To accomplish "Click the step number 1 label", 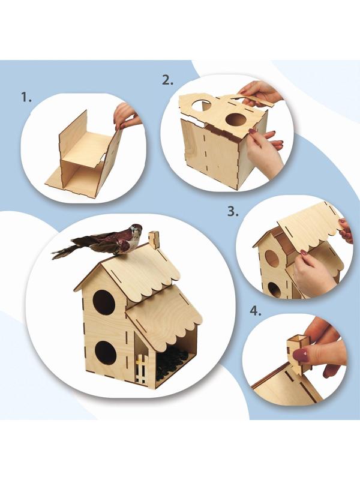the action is coord(26,97).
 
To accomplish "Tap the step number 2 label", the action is coord(167,80).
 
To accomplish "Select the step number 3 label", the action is coord(233,211).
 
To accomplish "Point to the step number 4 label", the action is coord(256,311).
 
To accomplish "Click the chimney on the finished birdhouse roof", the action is coord(154,239).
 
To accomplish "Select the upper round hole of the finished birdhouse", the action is coord(104,302).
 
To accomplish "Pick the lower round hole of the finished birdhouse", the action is coord(106,353).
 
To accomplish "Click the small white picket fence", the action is coord(142,370).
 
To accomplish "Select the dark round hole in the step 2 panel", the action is coord(236,119).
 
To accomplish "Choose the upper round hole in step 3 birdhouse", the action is coord(272,258).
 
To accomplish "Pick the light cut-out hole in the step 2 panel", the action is coord(202,105).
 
